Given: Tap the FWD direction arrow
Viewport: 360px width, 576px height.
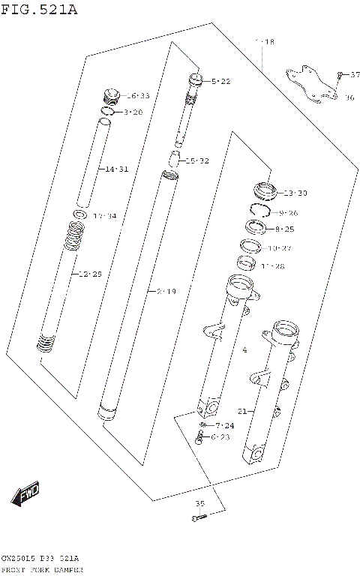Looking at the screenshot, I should pos(25,494).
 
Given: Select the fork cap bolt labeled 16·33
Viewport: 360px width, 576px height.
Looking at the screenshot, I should pos(111,97).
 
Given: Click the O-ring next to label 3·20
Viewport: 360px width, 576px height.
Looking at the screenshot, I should pos(107,112).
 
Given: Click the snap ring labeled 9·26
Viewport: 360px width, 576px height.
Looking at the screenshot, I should pos(259,212).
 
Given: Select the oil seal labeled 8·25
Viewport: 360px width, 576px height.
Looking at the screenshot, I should pos(256,228).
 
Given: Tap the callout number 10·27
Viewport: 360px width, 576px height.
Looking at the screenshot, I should pos(280,247).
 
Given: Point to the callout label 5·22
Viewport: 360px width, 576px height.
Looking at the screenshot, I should pos(220,81).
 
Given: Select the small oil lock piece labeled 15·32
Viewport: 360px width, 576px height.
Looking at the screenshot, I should pos(174,159).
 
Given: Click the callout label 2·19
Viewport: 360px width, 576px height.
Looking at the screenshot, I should pos(166,291).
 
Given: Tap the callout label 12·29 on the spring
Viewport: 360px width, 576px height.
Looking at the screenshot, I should pos(90,274).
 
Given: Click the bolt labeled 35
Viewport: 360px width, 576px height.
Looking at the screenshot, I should pos(198,517).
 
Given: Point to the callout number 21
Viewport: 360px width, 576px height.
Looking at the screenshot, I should pos(241,411).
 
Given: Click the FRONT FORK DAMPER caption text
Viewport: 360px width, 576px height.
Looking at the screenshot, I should pos(42,570).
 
